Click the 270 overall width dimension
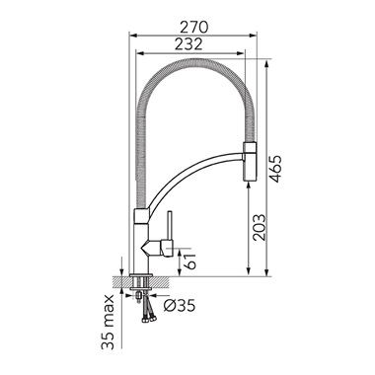coord(194,27)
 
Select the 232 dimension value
coord(188,44)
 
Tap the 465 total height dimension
coord(276,169)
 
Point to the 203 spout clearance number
coord(259,227)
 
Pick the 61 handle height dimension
coord(190,261)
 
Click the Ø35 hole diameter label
coord(180,306)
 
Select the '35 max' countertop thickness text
coord(108,322)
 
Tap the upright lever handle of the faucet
coord(170,226)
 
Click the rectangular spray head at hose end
coord(249,161)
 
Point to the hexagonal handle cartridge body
coord(157,248)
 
